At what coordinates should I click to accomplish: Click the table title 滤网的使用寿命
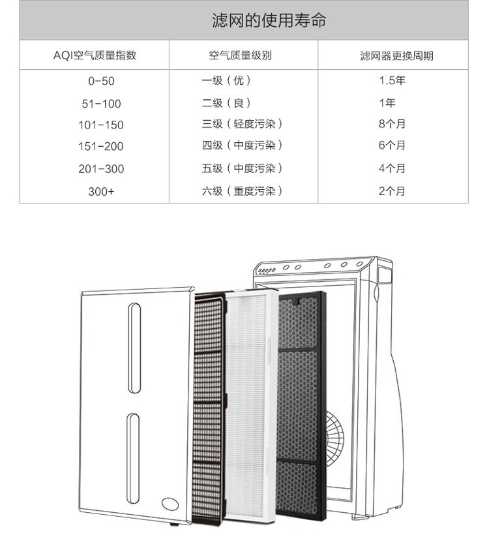[269, 21]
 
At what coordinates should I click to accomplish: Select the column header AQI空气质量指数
[95, 55]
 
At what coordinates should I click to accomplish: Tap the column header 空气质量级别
[244, 55]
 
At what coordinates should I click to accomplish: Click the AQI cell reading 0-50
[100, 82]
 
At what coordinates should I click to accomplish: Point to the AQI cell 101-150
[100, 125]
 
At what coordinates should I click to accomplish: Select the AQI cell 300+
[100, 192]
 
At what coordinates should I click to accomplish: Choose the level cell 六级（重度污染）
[242, 191]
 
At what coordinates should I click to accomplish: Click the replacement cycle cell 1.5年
[392, 81]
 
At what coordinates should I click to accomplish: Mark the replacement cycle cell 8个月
[392, 124]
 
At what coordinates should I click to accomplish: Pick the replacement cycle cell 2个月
[392, 191]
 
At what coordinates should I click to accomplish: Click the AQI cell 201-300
[100, 169]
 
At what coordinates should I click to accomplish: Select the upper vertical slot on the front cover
[134, 348]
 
